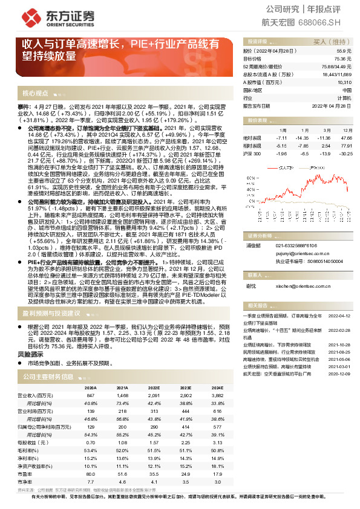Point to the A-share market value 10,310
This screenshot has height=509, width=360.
pyautogui.click(x=344, y=82)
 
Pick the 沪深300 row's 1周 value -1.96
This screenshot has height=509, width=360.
pyautogui.click(x=281, y=154)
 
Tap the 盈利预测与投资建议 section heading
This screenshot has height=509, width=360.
pyautogui.click(x=51, y=314)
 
